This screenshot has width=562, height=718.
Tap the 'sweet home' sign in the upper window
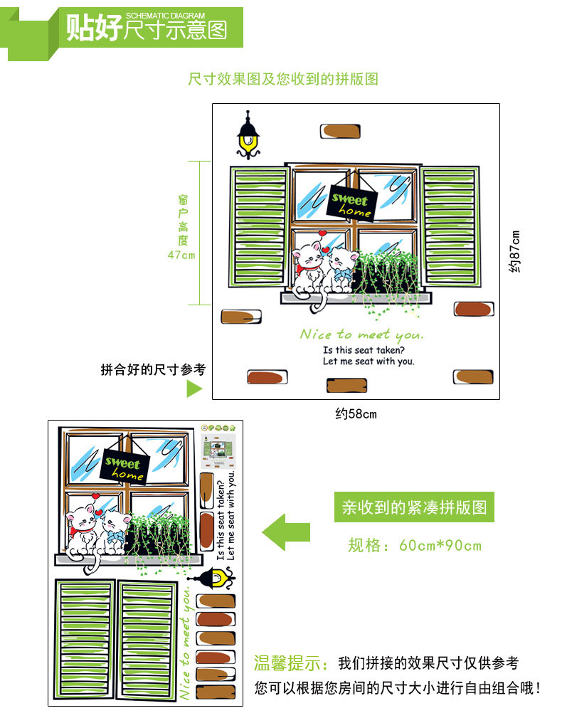click(351, 202)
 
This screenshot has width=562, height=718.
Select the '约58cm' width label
click(356, 413)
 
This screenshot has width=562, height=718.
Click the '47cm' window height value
click(181, 255)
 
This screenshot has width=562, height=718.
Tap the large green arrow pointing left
click(286, 532)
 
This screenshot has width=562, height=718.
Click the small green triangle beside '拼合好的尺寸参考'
click(194, 389)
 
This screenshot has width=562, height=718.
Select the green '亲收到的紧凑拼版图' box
click(414, 508)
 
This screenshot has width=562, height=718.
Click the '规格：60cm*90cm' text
click(415, 546)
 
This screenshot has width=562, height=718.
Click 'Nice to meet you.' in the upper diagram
click(361, 334)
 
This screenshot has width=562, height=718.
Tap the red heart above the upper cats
click(322, 233)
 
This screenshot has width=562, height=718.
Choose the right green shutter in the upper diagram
click(450, 226)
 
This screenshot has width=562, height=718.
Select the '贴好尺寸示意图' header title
click(146, 29)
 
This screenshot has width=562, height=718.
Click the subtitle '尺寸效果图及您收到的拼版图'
click(282, 79)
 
